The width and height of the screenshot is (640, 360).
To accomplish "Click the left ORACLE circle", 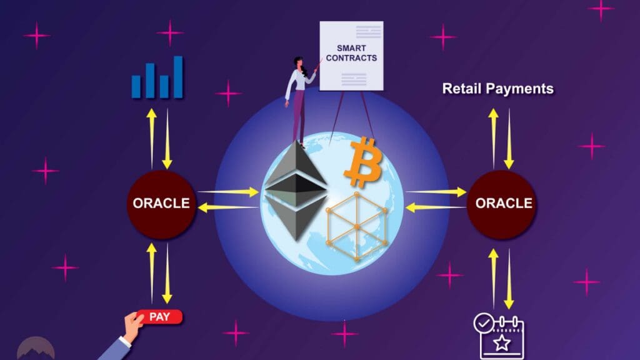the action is click(x=161, y=204).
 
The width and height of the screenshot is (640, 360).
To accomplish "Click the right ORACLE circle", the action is click(x=501, y=204).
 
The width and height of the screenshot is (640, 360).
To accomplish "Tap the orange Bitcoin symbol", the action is click(x=363, y=163).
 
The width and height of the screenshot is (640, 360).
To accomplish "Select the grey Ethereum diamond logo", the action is click(x=296, y=190).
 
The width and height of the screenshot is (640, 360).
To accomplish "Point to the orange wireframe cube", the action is click(x=357, y=226).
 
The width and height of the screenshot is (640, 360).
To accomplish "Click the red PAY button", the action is click(x=159, y=317).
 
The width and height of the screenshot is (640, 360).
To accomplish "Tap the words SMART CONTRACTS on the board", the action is click(x=351, y=53).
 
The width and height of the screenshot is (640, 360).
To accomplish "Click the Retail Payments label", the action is click(x=498, y=89).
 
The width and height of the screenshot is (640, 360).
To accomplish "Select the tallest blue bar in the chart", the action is click(x=178, y=77).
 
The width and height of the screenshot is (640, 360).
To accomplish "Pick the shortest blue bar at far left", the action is click(x=136, y=86).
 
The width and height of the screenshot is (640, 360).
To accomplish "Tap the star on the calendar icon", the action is click(x=502, y=343).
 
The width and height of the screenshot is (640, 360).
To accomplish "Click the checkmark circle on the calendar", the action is click(x=484, y=323).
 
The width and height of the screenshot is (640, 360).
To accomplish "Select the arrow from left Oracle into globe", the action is click(x=228, y=191).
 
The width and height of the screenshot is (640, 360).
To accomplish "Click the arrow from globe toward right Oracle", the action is click(x=436, y=191).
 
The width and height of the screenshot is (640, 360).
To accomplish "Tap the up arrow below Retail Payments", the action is click(x=494, y=138).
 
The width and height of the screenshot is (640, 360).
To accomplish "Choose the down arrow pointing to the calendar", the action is click(x=509, y=279).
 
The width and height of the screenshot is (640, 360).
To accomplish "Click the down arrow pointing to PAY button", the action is click(x=167, y=274).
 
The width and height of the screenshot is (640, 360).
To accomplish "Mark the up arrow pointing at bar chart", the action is click(x=151, y=139).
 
